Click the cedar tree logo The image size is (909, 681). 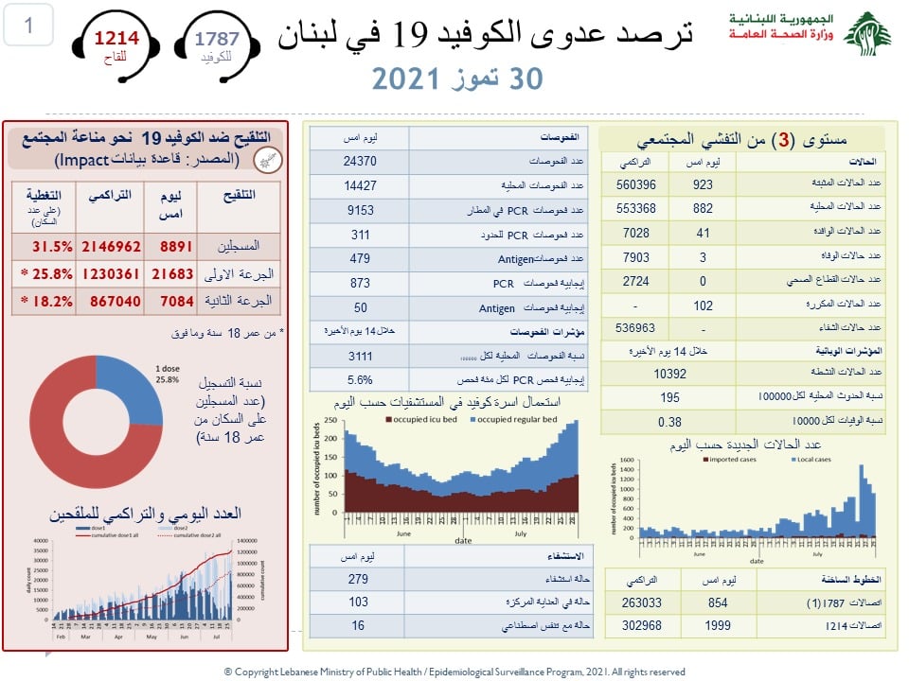pos(866,35)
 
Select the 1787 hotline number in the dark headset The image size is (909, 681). pos(217,39)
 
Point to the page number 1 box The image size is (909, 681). pos(27,26)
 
